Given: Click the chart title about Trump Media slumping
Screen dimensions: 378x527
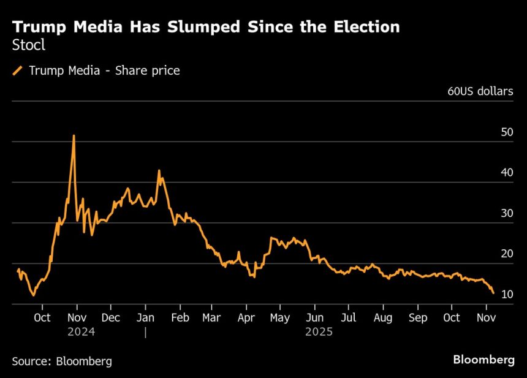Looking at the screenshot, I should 206,27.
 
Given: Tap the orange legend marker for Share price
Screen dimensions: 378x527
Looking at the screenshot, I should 18,71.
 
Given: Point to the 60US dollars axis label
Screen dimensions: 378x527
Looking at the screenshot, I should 480,92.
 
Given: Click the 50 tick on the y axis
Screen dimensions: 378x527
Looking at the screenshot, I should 507,132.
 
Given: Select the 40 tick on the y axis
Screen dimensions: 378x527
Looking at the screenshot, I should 507,173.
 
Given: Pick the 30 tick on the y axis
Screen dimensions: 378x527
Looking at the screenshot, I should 507,213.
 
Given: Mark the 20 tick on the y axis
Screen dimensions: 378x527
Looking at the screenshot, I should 507,254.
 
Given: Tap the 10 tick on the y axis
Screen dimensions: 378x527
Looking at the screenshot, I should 507,295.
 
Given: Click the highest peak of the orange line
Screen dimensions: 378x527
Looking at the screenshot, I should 74,136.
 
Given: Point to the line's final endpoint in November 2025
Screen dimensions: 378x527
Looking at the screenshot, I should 493,293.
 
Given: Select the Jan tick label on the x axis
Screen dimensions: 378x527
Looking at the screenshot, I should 145,318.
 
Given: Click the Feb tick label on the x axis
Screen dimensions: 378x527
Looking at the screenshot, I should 180,318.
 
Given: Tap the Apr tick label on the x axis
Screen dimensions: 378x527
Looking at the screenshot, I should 246,318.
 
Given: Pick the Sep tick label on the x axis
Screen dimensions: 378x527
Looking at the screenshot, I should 417,318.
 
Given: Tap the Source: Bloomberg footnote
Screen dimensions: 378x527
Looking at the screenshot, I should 62,361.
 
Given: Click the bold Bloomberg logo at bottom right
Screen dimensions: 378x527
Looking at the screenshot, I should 483,360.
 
